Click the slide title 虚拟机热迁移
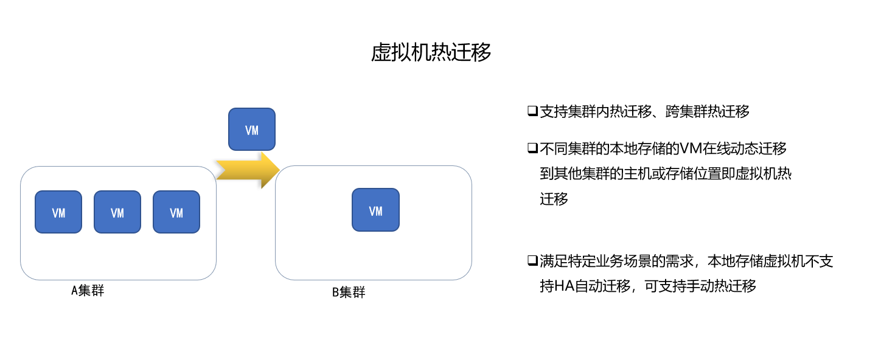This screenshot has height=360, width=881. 431,52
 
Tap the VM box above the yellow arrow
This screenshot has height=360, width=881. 252,130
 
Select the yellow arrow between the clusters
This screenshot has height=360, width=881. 248,170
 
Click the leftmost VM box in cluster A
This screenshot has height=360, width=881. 58,212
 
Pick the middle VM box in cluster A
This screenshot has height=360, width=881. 117,212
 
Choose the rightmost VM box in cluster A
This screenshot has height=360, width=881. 176,212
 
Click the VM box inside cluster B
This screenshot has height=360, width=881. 375,210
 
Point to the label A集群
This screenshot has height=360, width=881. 88,291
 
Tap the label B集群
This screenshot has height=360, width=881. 349,292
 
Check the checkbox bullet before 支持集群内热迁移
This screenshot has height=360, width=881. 532,111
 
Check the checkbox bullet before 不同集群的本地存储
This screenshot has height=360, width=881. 532,148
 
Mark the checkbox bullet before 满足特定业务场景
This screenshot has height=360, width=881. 532,260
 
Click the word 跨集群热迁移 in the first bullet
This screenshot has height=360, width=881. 708,112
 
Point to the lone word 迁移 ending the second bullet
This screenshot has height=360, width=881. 554,199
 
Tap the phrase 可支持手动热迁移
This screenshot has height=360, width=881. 700,286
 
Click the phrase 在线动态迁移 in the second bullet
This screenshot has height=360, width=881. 745,148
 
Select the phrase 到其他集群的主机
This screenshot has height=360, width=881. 596,174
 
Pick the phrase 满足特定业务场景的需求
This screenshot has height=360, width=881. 617,261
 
